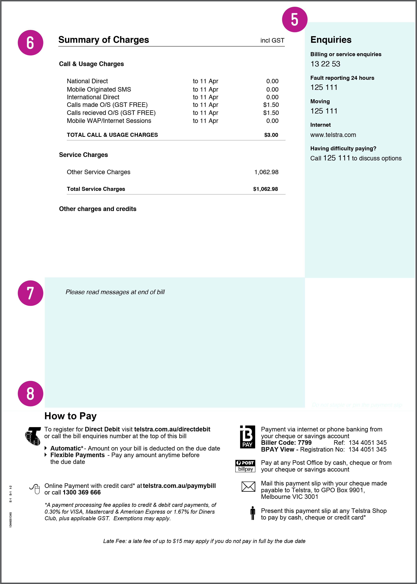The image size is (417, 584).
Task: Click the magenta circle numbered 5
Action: click(x=295, y=19)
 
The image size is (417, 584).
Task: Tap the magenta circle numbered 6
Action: click(x=30, y=43)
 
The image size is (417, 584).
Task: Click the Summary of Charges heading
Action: click(x=104, y=40)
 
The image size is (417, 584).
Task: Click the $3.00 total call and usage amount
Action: click(x=271, y=135)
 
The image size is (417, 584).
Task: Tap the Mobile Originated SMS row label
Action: click(x=99, y=89)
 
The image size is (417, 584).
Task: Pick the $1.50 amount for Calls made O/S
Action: click(x=271, y=105)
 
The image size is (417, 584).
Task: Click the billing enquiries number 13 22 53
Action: click(x=325, y=64)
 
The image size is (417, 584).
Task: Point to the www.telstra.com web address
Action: click(x=333, y=135)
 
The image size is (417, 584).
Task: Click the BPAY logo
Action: click(x=247, y=437)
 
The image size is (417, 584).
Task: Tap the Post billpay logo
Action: click(x=245, y=466)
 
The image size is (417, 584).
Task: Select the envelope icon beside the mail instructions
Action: click(x=248, y=486)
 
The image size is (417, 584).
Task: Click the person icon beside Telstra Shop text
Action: click(x=253, y=513)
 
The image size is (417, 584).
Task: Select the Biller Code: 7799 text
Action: click(x=286, y=443)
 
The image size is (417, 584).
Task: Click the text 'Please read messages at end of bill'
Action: click(x=115, y=292)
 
